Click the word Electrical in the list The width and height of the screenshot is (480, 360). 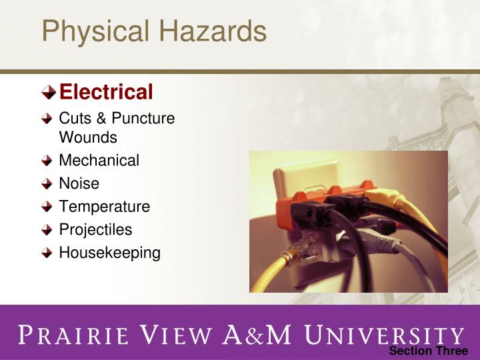[x=106, y=91]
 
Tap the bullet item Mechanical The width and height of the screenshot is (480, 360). [x=99, y=161]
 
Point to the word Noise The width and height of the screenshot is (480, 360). [x=79, y=183]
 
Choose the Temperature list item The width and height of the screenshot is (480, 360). [x=104, y=207]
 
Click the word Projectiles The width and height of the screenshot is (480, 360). [x=95, y=230]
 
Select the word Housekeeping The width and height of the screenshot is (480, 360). [x=109, y=253]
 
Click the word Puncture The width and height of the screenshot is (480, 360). [x=143, y=119]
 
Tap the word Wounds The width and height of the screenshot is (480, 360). [x=88, y=138]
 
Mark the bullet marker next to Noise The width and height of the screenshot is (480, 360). [x=47, y=184]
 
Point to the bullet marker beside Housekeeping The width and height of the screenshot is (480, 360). [x=47, y=253]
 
